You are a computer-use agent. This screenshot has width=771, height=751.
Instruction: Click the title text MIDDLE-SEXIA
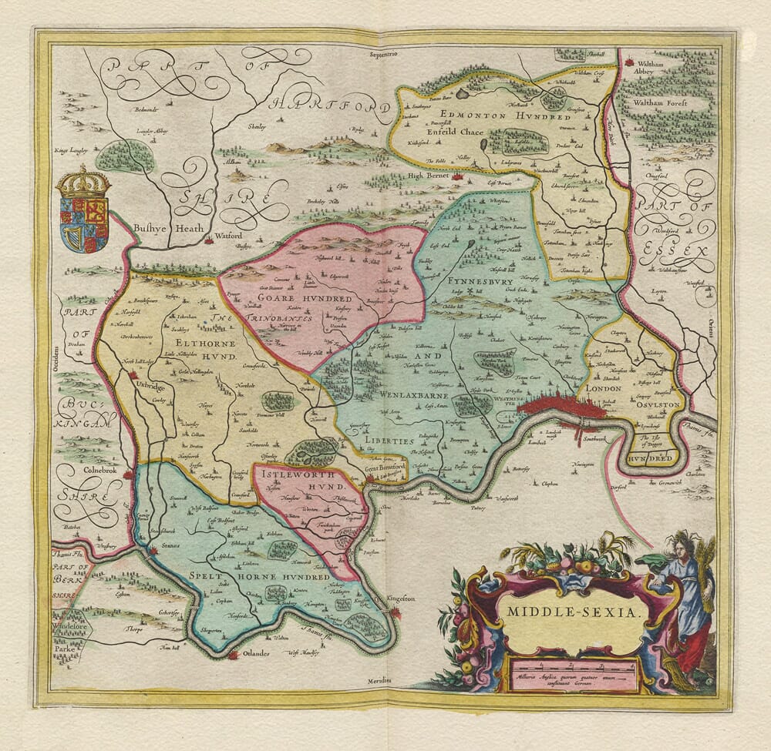pyautogui.click(x=574, y=613)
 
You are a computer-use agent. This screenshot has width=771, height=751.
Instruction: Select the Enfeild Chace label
pyautogui.click(x=451, y=132)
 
